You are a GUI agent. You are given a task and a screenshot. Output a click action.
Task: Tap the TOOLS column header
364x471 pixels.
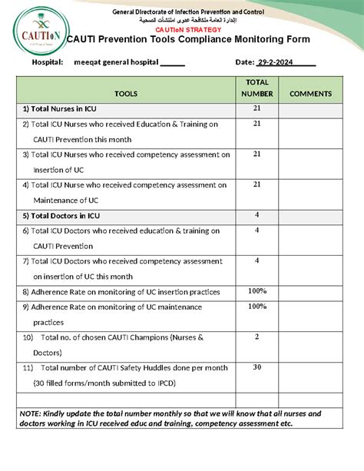126,94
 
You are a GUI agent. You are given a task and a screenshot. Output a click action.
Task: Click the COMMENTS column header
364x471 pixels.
310,94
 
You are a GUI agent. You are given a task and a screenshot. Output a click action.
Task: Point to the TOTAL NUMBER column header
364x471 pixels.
256,88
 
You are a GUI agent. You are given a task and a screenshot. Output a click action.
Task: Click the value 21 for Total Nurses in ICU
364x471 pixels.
256,108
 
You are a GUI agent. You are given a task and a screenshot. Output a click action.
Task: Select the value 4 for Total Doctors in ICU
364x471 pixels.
256,214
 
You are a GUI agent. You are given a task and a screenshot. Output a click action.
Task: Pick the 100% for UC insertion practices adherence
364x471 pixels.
256,291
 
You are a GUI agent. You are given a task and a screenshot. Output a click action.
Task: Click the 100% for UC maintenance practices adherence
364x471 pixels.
256,306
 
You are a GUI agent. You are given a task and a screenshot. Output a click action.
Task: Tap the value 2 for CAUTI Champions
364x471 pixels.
256,337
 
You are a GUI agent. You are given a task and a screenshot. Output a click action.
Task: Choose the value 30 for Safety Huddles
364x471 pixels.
256,367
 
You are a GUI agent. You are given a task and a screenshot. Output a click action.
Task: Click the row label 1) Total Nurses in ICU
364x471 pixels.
60,109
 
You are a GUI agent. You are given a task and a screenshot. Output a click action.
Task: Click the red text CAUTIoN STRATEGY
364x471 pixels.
188,28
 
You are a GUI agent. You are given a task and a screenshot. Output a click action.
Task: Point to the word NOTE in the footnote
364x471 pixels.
31,413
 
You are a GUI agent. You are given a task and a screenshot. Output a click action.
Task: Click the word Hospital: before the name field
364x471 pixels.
47,62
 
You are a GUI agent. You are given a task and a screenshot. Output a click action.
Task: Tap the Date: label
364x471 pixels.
244,62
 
